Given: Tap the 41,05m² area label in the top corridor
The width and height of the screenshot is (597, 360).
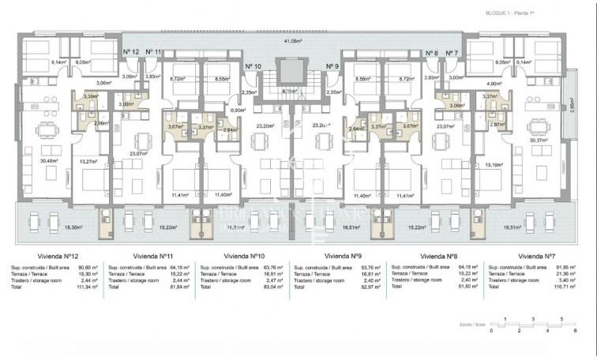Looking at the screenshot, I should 298,41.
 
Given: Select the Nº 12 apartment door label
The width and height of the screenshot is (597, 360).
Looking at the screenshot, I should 131,52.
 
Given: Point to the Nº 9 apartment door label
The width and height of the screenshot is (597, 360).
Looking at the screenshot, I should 332,66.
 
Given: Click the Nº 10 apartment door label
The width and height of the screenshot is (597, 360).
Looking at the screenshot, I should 253,66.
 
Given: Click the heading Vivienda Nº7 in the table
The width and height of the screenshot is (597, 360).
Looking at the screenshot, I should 537,257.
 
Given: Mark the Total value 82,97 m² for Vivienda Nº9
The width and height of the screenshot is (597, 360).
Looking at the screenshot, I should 370,288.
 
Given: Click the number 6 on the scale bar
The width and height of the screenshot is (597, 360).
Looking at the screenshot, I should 585,330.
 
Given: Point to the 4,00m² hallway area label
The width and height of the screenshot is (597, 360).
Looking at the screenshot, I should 495,83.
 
